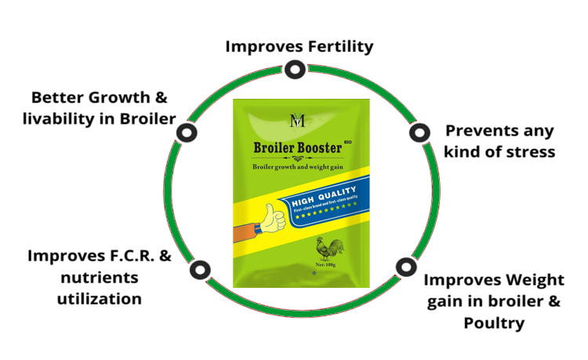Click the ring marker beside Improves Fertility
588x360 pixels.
[294, 71]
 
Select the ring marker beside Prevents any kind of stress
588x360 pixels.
[416, 133]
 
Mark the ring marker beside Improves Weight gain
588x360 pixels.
[405, 267]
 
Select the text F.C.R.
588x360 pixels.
[135, 256]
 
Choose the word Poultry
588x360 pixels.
[493, 322]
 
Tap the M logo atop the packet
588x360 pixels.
[296, 120]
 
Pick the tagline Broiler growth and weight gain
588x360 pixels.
[299, 168]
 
